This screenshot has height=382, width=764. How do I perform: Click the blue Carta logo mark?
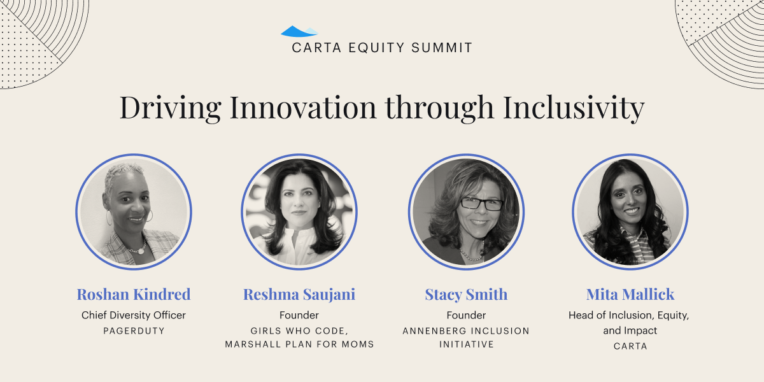[x=299, y=31]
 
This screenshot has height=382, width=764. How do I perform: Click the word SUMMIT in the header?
[x=442, y=48]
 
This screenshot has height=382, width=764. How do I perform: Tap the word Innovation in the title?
[x=303, y=108]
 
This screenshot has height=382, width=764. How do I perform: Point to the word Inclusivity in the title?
[x=574, y=108]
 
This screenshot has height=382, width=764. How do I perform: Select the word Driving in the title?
[x=170, y=108]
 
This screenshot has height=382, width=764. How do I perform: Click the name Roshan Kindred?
[x=134, y=294]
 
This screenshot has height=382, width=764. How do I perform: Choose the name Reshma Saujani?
[x=299, y=295]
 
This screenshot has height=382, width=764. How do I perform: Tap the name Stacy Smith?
[x=466, y=295]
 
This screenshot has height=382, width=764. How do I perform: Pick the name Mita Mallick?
[x=630, y=294]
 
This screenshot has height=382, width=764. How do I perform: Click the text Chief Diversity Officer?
[x=134, y=315]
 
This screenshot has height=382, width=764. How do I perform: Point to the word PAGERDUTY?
[x=134, y=331]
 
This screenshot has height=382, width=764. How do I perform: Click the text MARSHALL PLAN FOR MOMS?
[x=299, y=344]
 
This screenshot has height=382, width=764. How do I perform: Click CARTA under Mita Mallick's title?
[x=630, y=346]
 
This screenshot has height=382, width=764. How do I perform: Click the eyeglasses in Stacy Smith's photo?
[x=481, y=204]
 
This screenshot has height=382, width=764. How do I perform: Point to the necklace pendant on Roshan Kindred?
[x=140, y=251]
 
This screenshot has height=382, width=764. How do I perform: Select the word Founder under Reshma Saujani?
[x=299, y=315]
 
